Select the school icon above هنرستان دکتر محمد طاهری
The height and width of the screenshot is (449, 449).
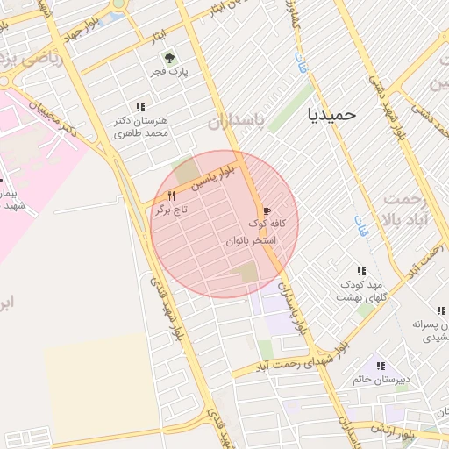click(x=140, y=107)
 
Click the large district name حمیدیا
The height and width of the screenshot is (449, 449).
click(x=334, y=113)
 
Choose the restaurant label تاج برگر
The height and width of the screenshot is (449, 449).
click(x=172, y=210)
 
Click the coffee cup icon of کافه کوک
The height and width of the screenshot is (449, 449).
click(x=267, y=211)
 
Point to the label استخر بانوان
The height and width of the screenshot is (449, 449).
click(x=251, y=239)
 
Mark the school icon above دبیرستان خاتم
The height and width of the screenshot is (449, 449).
click(x=381, y=364)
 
